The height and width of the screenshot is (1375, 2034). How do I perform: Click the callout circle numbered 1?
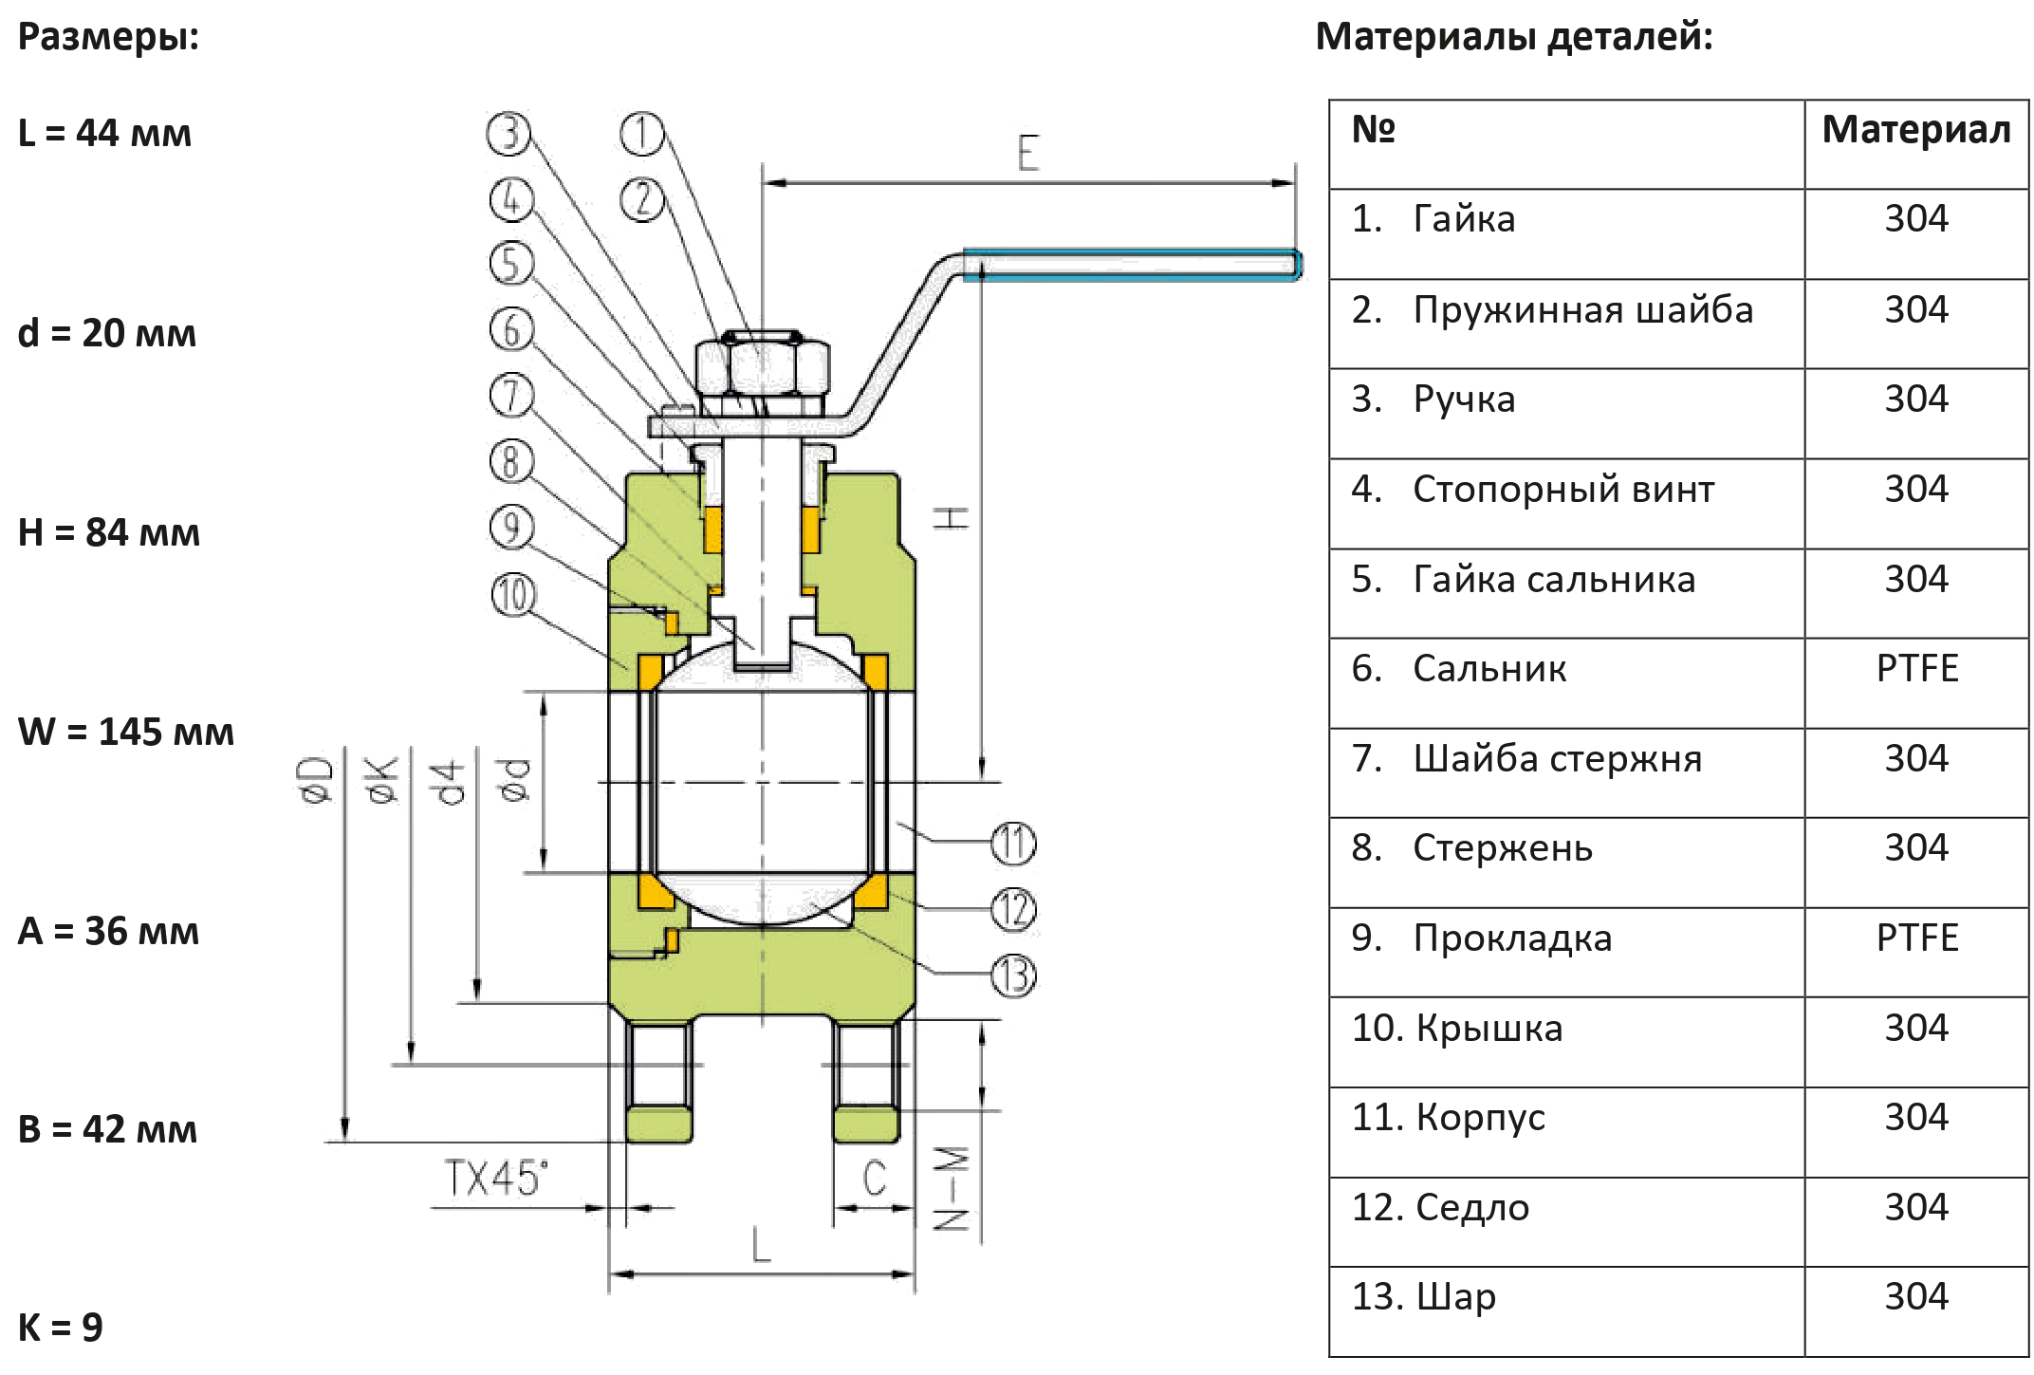(x=642, y=135)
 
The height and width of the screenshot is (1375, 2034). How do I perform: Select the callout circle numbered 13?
(x=1014, y=976)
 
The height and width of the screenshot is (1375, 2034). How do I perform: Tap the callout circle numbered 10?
(x=513, y=595)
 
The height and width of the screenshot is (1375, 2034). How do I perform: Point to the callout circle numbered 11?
(x=1014, y=844)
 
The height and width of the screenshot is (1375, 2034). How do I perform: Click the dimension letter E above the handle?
(x=1028, y=153)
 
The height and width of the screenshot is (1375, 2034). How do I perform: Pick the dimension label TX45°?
(x=496, y=1179)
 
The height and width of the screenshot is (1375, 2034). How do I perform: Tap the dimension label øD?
(x=323, y=781)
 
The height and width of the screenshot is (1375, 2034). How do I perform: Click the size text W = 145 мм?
(x=126, y=732)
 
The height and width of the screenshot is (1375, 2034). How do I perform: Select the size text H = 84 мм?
(x=109, y=532)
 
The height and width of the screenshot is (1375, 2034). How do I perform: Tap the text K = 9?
(x=61, y=1327)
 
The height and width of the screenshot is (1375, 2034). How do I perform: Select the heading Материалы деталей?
(x=1514, y=37)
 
